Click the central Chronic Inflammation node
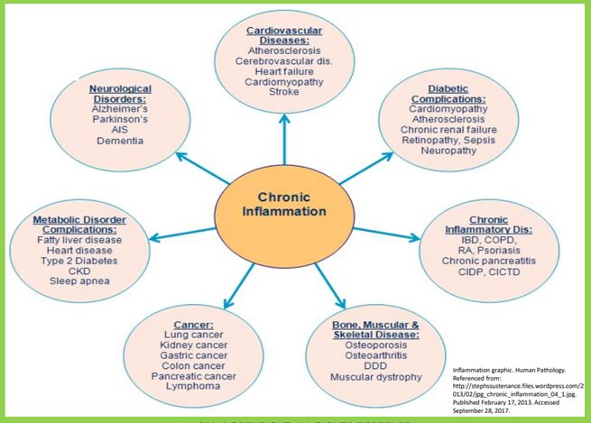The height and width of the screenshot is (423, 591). click(x=284, y=205)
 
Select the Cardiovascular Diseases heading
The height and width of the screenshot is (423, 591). click(x=284, y=35)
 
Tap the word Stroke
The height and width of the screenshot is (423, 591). click(x=284, y=92)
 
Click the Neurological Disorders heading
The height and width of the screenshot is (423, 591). click(x=120, y=95)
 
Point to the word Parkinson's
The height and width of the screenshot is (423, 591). click(x=120, y=119)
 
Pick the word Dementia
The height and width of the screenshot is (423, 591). click(x=120, y=141)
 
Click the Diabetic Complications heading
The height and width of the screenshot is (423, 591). click(x=448, y=94)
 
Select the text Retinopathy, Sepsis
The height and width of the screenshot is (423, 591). click(x=448, y=140)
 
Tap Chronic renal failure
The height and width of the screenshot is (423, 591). click(x=448, y=129)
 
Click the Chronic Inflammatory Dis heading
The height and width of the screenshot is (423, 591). click(x=488, y=225)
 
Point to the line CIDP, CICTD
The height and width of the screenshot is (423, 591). click(x=488, y=272)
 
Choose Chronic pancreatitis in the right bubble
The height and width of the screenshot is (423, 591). click(x=488, y=261)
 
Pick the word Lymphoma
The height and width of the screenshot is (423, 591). click(x=193, y=386)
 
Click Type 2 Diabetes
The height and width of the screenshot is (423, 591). click(x=78, y=261)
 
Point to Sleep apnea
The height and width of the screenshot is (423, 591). click(x=78, y=281)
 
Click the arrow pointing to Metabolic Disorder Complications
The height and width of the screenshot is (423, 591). click(x=180, y=234)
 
